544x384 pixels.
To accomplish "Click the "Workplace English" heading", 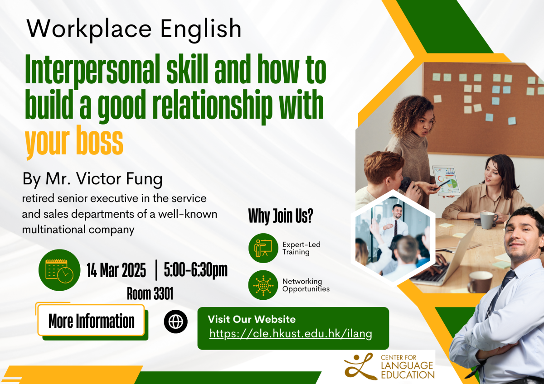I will [134, 29].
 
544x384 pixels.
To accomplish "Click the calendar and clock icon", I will [59, 270].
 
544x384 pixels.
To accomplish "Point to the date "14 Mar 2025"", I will [117, 271].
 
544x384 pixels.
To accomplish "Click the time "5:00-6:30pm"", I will [195, 270].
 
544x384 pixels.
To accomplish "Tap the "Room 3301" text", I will [150, 294].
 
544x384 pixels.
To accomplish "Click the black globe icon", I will [175, 322].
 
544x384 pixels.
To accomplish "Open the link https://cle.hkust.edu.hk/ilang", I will [291, 334].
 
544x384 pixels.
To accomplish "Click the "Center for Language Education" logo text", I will [407, 367].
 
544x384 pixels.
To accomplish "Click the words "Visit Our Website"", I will [252, 319].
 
